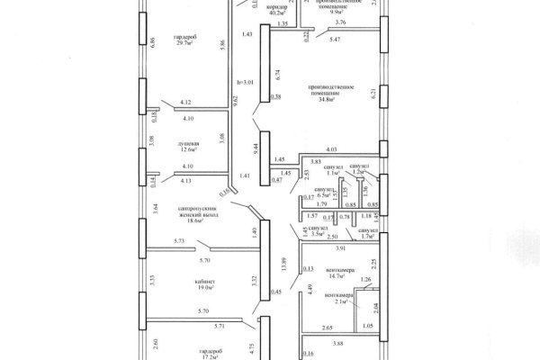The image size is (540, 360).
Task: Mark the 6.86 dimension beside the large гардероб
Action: pos(154,40)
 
